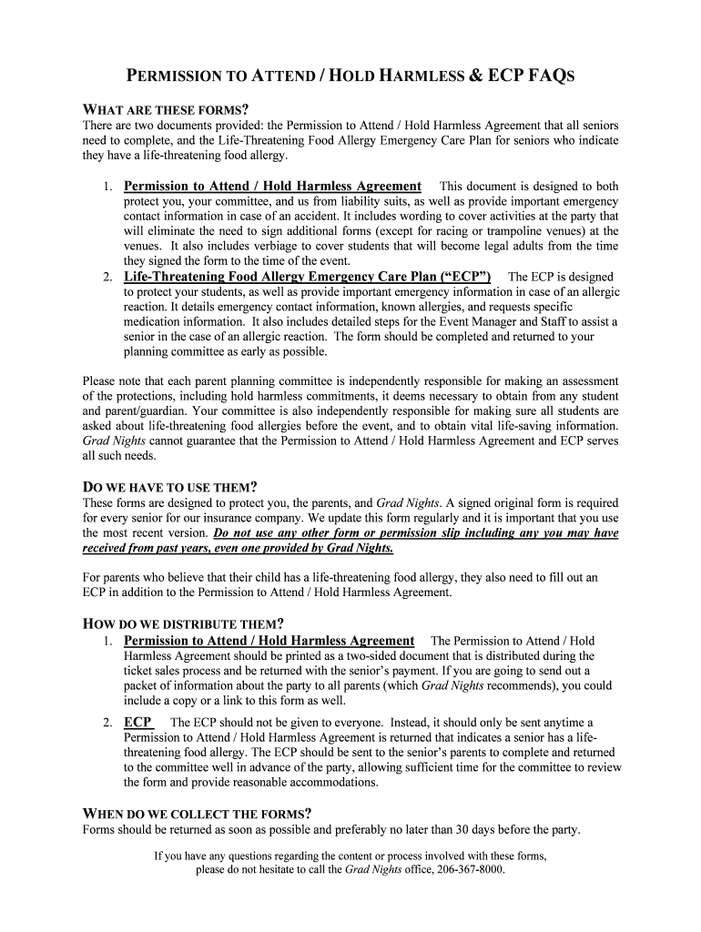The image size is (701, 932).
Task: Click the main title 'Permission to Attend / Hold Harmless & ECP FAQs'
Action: coord(350,76)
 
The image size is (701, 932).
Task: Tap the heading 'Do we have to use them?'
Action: coord(170,487)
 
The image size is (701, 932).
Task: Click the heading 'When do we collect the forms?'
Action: coord(198,814)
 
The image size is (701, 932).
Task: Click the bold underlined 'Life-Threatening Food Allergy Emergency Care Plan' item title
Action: coord(308,276)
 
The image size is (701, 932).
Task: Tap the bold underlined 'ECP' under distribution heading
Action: coord(137,722)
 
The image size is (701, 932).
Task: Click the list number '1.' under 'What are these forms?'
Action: coord(107,187)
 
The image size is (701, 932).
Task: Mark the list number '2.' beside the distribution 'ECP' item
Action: coord(107,723)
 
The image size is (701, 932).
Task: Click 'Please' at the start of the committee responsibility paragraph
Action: coord(99,381)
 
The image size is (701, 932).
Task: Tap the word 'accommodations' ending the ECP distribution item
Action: coord(330,783)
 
